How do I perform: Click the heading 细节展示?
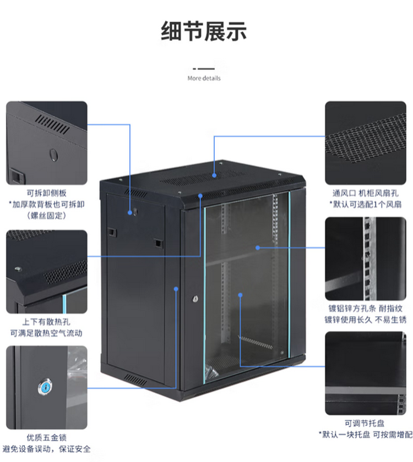[204, 31]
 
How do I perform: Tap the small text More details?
[204, 78]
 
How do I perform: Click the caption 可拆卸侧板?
[47, 193]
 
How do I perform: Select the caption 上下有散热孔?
[47, 322]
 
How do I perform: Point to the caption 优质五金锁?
[47, 438]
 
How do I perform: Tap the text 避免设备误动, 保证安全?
[47, 449]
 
